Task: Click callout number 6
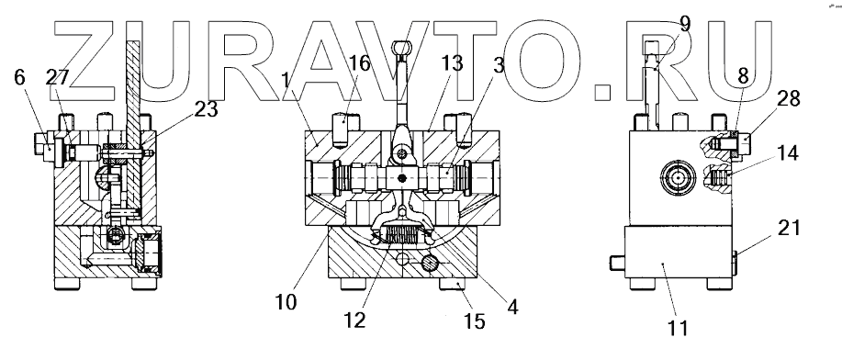point(19,77)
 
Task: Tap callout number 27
point(58,78)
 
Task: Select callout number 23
point(207,109)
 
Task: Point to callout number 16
point(359,63)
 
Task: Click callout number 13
point(452,63)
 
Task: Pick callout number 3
point(499,65)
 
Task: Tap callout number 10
point(286,302)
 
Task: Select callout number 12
point(355,321)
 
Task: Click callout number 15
point(475,321)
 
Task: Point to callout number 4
point(512,307)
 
